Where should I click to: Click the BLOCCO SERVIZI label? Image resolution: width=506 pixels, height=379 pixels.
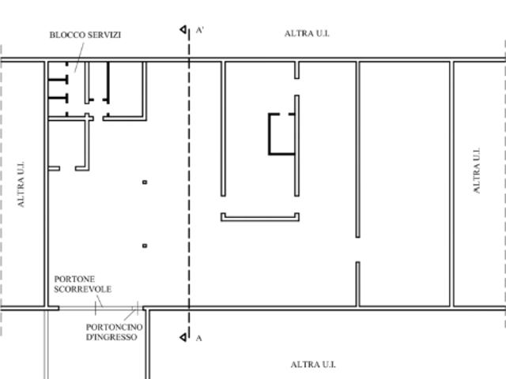[85, 35]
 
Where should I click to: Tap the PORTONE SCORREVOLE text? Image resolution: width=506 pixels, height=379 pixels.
[82, 284]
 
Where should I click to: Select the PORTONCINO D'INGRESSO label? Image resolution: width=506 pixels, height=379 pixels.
[114, 332]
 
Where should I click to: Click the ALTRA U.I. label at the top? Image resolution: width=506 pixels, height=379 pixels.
[307, 33]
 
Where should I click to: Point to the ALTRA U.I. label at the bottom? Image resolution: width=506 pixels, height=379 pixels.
[313, 365]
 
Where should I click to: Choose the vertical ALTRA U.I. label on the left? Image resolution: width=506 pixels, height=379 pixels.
[21, 184]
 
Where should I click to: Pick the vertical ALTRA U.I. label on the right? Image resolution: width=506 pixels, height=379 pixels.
[477, 171]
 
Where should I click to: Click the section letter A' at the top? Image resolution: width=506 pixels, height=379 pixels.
[200, 30]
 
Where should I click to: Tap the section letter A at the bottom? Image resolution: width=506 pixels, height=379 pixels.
[198, 338]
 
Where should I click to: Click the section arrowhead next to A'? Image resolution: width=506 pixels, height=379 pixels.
[183, 30]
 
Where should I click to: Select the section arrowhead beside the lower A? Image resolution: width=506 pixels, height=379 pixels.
[183, 337]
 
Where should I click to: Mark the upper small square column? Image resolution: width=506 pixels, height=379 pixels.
[145, 182]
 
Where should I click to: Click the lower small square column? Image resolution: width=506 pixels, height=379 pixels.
[145, 246]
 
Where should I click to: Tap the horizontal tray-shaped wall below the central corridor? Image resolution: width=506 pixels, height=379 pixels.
[260, 220]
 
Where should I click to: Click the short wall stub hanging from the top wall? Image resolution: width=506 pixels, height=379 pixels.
[297, 70]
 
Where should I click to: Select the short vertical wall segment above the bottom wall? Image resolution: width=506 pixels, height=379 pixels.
[358, 283]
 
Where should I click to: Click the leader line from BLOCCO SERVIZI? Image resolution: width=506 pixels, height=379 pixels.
[79, 58]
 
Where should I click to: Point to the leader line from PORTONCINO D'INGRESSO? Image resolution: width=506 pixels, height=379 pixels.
[130, 314]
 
